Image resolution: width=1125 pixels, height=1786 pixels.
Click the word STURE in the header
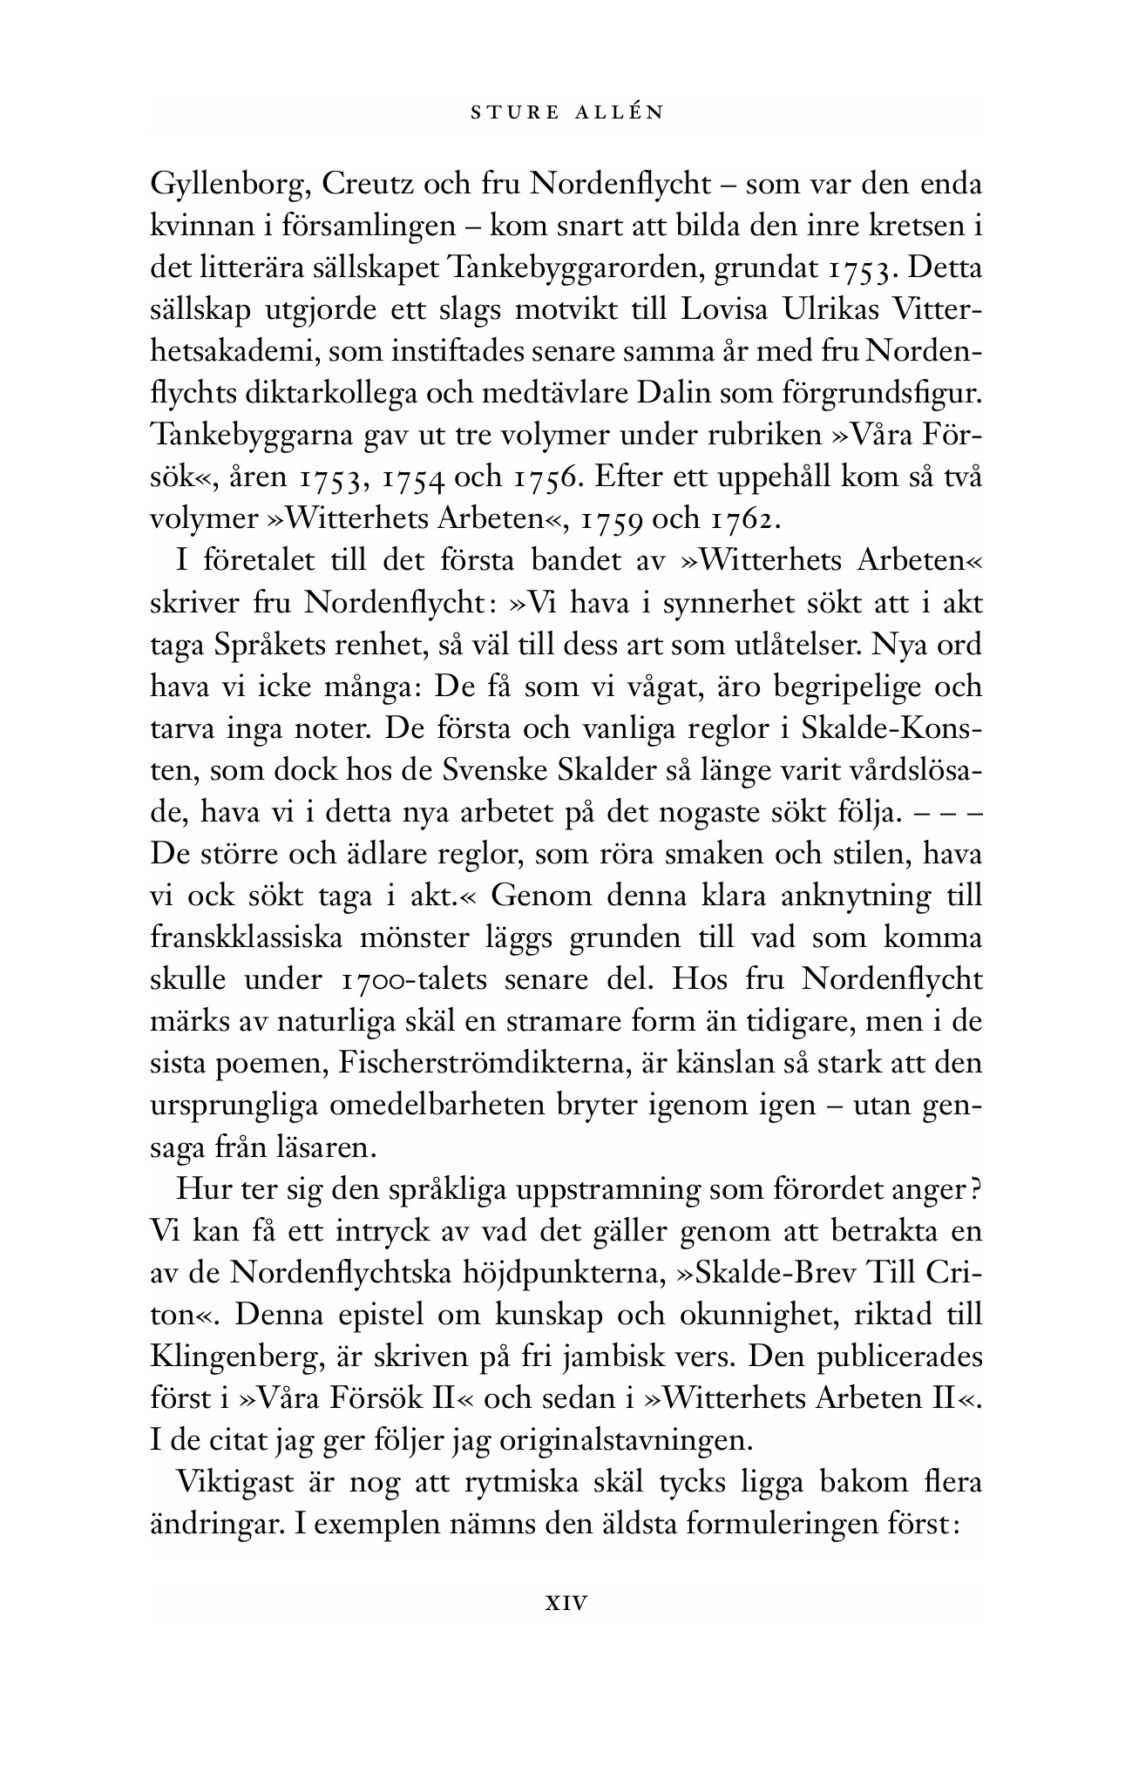tap(509, 112)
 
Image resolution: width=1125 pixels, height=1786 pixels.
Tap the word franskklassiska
tap(256, 938)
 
